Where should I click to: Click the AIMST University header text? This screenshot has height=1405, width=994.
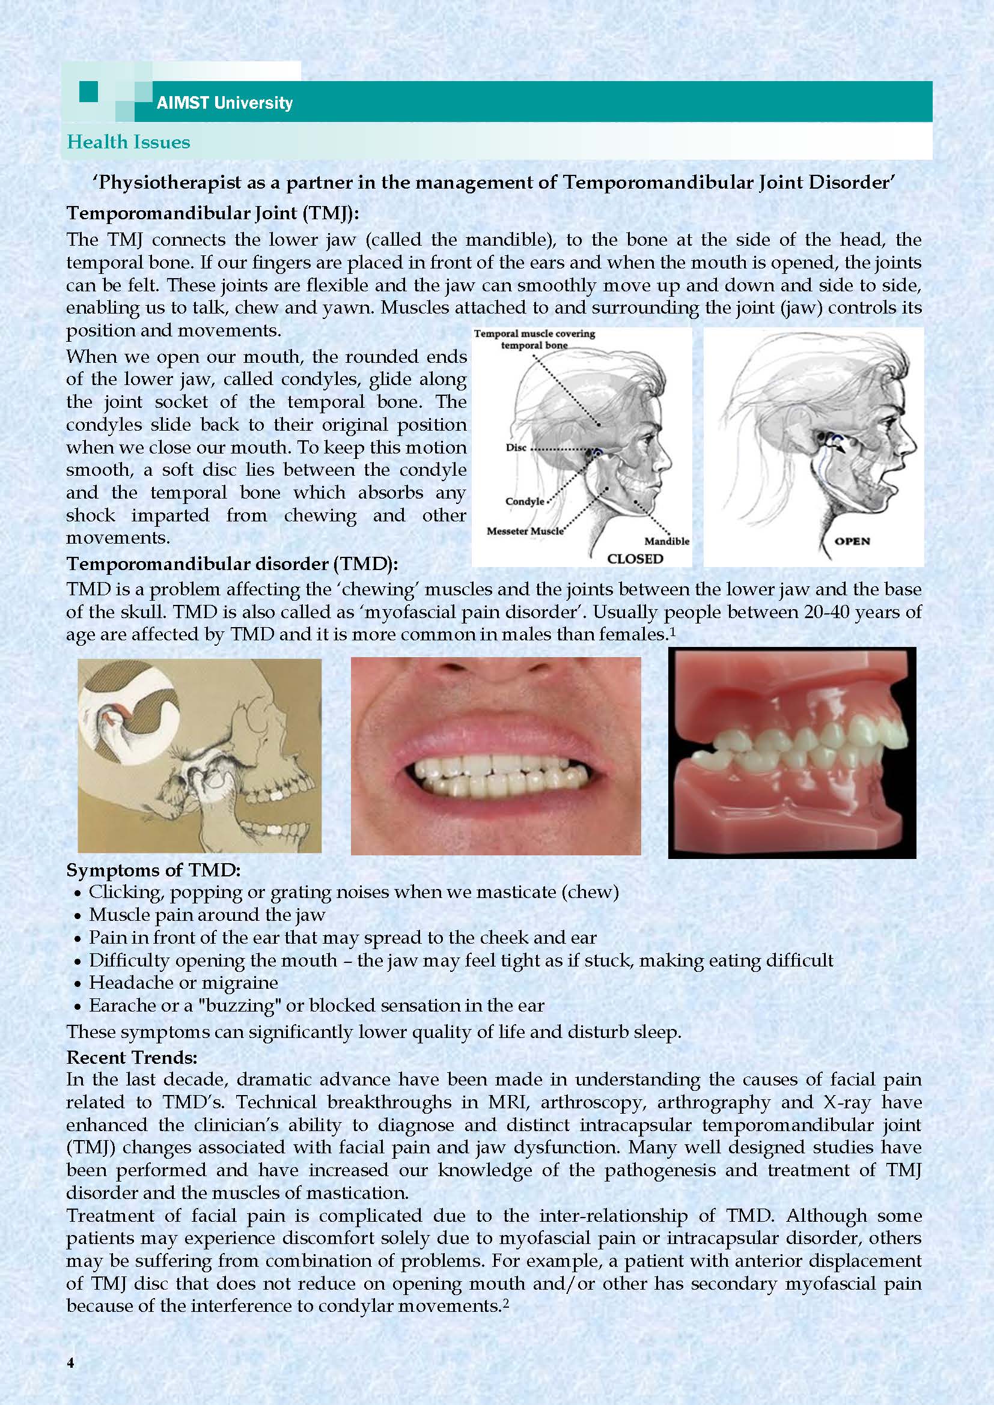[x=224, y=102]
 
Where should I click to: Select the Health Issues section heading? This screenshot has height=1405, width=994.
[x=129, y=142]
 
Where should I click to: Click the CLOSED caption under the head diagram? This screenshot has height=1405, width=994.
[x=635, y=558]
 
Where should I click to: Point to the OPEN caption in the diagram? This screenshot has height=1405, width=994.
[x=852, y=541]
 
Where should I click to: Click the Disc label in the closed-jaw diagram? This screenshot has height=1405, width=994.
[x=516, y=448]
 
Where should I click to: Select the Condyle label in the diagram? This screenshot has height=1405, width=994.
[x=525, y=501]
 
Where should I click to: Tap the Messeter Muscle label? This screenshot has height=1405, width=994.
[x=525, y=530]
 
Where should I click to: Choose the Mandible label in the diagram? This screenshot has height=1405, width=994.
[x=666, y=541]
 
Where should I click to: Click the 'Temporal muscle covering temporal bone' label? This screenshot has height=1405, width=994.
[x=534, y=339]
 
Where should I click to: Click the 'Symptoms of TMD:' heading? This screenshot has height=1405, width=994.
[x=154, y=870]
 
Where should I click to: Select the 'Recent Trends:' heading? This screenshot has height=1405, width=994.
[x=132, y=1057]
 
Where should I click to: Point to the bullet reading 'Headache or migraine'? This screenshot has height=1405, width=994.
[x=183, y=983]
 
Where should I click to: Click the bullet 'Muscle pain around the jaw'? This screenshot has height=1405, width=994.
[x=207, y=915]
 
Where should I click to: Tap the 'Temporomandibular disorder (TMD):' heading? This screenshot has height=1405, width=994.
[x=232, y=563]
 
